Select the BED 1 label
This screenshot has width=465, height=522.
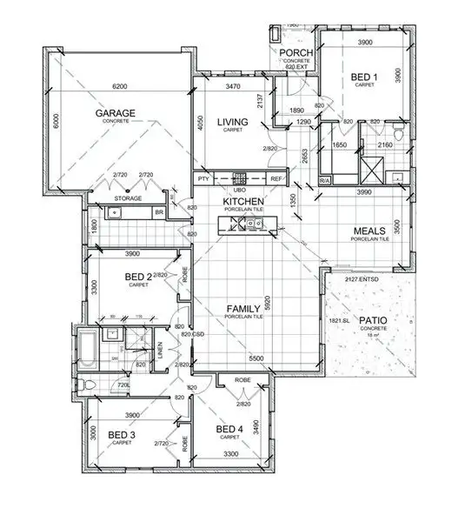363,78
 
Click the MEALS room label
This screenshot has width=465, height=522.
368,231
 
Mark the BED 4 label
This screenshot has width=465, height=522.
229,429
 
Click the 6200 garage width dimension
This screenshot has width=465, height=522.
119,87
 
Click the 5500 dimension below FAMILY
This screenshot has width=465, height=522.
256,358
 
